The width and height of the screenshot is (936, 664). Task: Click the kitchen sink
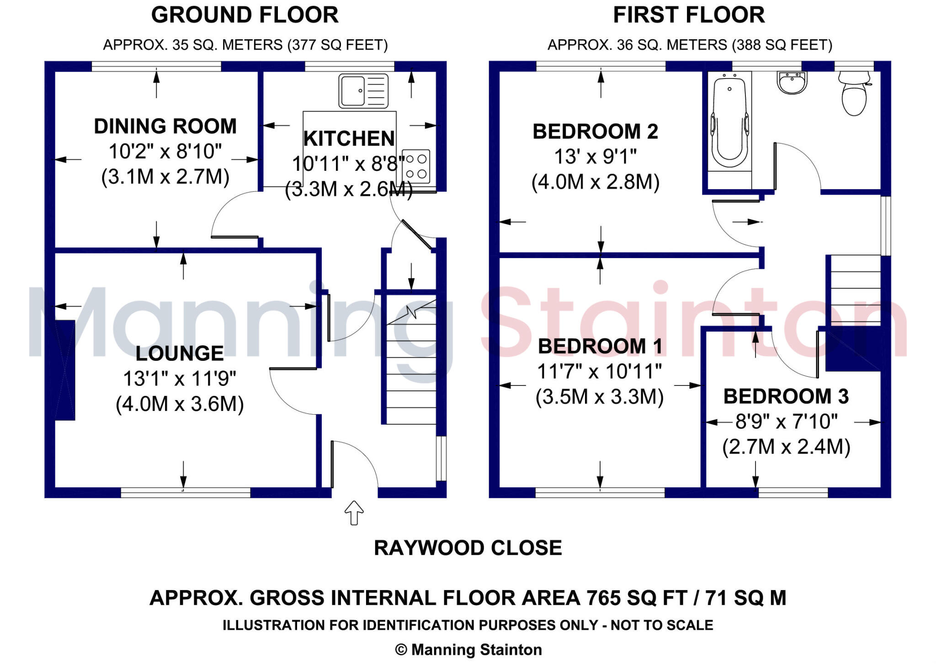point(363,91)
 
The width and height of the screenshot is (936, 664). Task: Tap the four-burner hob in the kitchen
point(416,167)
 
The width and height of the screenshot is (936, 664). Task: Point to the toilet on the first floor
point(854,93)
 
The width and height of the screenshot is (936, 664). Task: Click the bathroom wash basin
point(792,83)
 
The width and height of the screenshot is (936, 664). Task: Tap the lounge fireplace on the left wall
point(65,370)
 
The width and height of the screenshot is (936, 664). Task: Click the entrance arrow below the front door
point(354,513)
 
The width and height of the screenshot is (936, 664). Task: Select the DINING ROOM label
point(165,126)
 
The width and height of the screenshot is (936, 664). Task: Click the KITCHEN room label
point(349,138)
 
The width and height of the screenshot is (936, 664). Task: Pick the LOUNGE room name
point(180,353)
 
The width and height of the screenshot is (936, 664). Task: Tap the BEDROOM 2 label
point(596,132)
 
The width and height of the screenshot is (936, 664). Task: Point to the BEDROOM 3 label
point(786,396)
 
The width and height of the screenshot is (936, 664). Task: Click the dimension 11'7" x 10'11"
point(600,371)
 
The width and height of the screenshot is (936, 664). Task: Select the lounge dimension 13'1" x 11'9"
point(180,379)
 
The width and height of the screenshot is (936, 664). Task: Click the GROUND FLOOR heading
point(245,15)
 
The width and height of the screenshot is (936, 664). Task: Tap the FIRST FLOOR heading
point(689,15)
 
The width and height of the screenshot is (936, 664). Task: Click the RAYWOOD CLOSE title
point(468,548)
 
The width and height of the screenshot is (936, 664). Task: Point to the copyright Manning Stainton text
point(468,650)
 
